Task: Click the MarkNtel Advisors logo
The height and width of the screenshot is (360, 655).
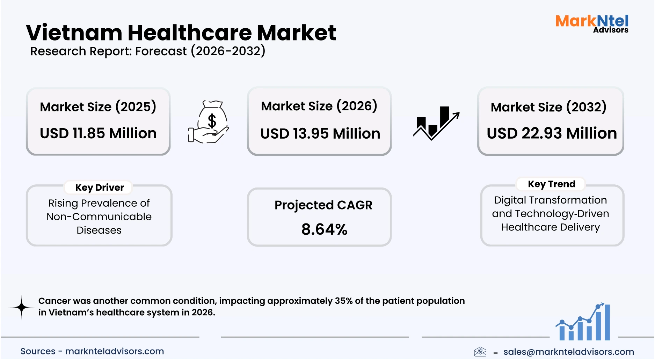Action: [592, 23]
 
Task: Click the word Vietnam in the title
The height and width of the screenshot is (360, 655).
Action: [74, 33]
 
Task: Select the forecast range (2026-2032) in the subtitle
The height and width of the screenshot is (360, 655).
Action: [228, 51]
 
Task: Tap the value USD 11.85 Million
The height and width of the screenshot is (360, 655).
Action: [98, 133]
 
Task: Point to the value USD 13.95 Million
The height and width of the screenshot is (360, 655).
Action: [320, 134]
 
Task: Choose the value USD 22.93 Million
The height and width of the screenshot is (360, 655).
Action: [552, 133]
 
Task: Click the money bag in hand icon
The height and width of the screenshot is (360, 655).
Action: [209, 122]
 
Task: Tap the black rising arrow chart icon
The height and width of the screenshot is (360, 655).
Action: [436, 123]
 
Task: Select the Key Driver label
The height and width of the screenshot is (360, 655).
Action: [100, 188]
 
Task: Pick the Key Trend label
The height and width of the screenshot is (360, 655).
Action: [551, 184]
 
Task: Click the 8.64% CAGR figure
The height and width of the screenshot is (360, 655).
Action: [324, 229]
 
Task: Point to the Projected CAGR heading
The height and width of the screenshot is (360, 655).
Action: [323, 205]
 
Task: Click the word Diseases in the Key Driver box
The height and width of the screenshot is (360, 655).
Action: [99, 230]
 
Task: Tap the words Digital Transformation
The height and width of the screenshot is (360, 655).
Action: [550, 200]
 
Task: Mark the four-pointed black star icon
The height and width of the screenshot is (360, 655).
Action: [22, 307]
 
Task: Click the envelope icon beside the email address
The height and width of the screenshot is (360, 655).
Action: [480, 352]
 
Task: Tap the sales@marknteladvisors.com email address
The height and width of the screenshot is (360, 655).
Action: [568, 352]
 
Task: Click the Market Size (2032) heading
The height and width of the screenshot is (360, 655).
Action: [548, 107]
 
